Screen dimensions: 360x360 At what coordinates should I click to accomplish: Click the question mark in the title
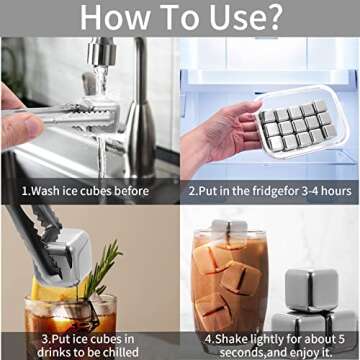[270, 17]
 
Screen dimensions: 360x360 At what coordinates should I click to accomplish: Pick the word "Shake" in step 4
[231, 339]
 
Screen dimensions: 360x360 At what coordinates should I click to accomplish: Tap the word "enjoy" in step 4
[301, 352]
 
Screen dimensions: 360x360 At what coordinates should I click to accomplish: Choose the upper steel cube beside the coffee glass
[311, 290]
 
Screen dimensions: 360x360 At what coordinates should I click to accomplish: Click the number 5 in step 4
[340, 339]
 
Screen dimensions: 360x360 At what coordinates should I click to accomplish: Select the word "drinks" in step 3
[54, 352]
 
